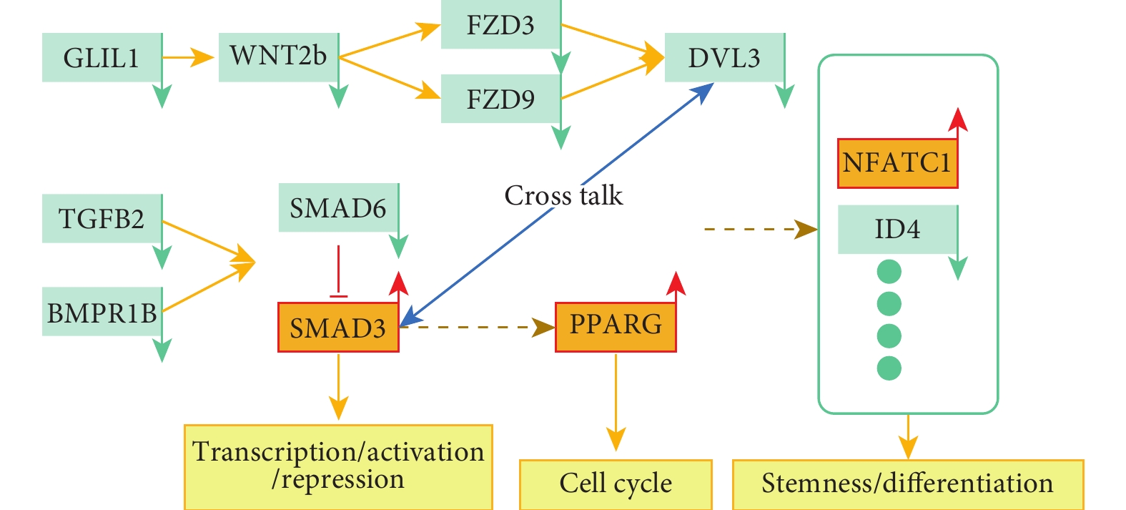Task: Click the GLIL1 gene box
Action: pos(102,57)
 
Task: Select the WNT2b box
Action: pos(279,57)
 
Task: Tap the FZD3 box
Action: pos(500,24)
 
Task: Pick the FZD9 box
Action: pos(500,99)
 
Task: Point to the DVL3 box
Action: pos(724,57)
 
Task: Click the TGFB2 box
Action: pos(102,219)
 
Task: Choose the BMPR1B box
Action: pos(102,311)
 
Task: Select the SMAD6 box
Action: pos(339,207)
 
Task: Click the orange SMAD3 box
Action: pos(338,328)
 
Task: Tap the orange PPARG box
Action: pos(616,328)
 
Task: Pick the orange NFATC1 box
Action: pos(898,164)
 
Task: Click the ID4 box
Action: pos(898,230)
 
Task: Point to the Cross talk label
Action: pos(563,195)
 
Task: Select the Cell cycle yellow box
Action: pos(616,484)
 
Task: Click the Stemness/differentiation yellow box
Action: pos(908,484)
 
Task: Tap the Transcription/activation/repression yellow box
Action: pos(338,467)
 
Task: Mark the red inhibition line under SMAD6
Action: pos(338,272)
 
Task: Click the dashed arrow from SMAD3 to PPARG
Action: pos(478,328)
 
